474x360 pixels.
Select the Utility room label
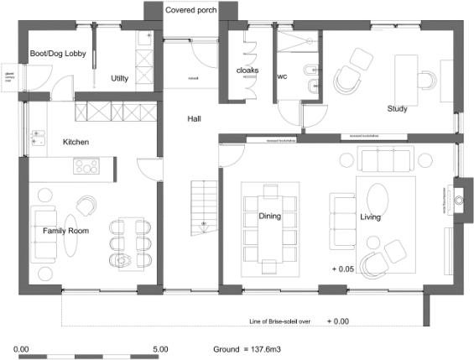coord(120,78)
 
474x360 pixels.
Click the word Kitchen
coord(76,142)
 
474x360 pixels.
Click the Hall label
coord(194,119)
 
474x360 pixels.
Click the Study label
coord(398,108)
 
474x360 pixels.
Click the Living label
coord(371,217)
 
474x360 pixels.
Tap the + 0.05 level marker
coord(344,269)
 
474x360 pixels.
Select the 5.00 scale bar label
coord(161,348)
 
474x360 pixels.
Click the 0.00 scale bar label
coord(22,348)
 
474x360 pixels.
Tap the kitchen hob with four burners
coord(86,167)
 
